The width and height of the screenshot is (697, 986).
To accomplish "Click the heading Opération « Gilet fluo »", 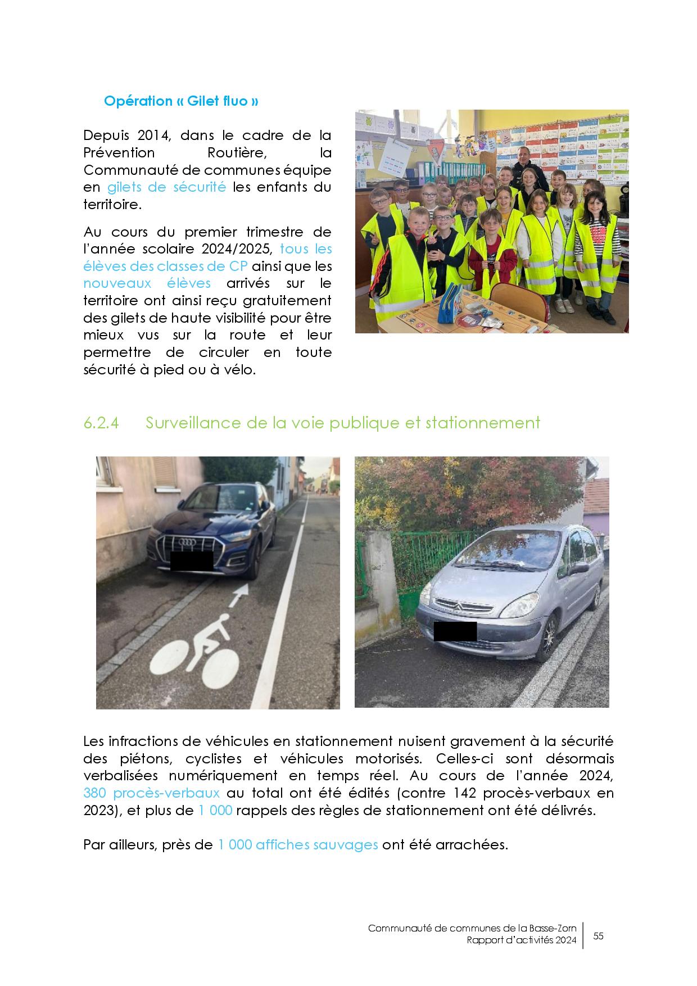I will pyautogui.click(x=181, y=101).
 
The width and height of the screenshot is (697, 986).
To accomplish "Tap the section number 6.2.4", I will pyautogui.click(x=101, y=423).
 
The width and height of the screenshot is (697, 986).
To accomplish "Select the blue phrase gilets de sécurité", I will pyautogui.click(x=166, y=187).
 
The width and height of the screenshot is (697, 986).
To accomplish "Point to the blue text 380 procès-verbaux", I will pyautogui.click(x=151, y=793).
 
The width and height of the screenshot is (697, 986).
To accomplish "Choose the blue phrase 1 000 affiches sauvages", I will pyautogui.click(x=297, y=844).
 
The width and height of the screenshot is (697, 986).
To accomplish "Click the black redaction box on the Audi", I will pyautogui.click(x=192, y=560).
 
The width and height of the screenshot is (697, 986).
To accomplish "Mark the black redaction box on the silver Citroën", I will pyautogui.click(x=455, y=631).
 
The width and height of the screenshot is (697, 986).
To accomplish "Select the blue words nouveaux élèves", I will pyautogui.click(x=147, y=283).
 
